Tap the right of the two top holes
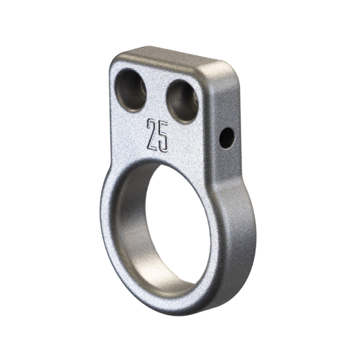[x=182, y=100]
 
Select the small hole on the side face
[x=226, y=139]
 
